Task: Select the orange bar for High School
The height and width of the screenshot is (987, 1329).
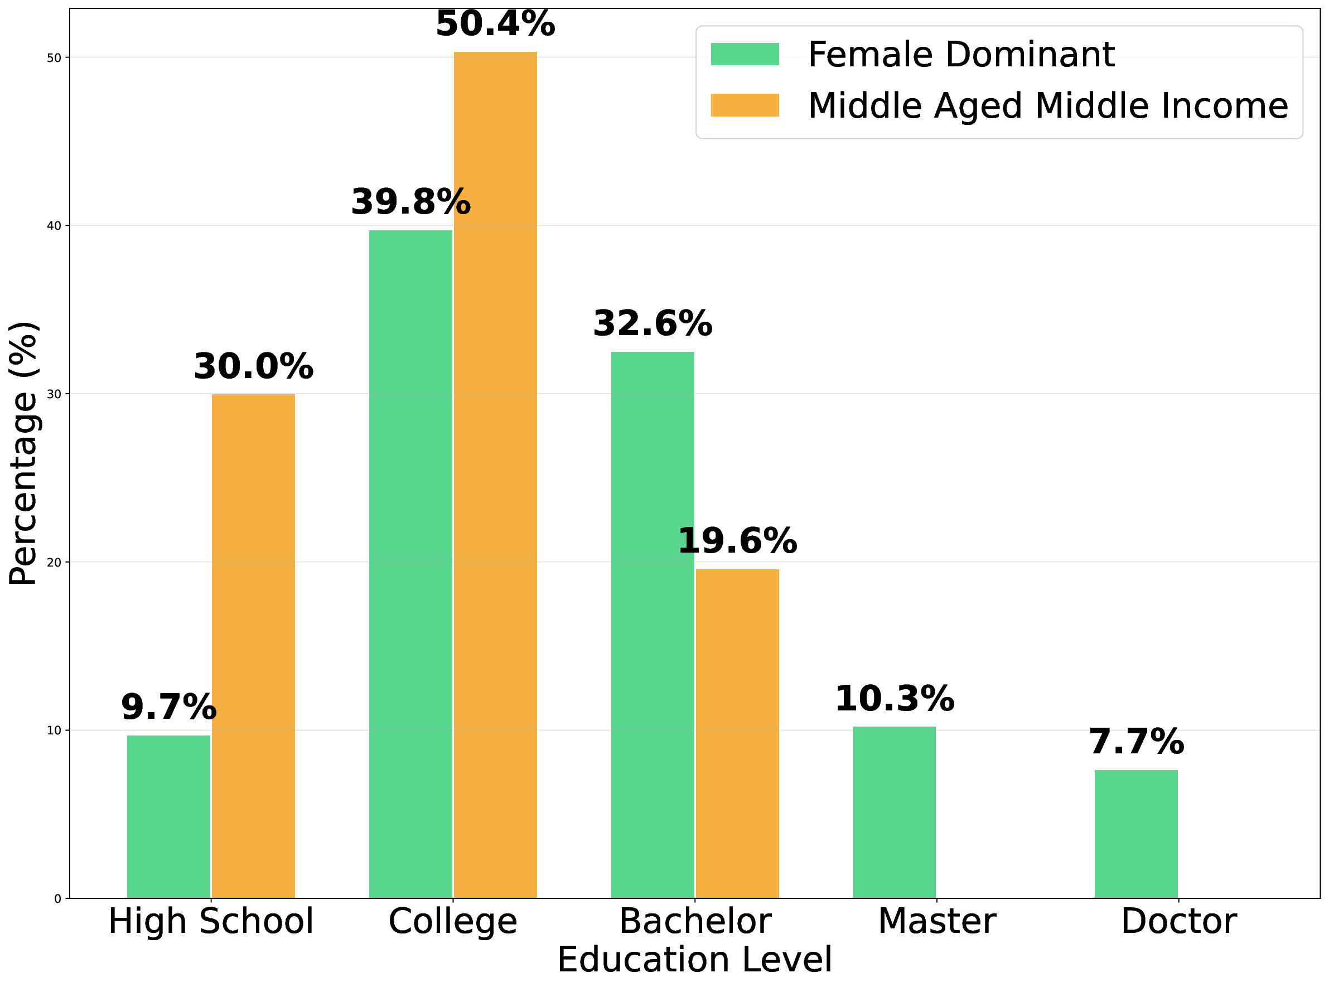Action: point(253,646)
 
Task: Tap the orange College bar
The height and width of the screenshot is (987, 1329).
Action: point(495,475)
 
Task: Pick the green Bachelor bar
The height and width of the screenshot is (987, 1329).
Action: point(653,625)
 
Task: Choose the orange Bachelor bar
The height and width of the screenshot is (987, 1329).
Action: point(737,734)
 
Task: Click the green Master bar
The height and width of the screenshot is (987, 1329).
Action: point(895,812)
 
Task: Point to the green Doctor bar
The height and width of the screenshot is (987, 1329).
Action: point(1136,834)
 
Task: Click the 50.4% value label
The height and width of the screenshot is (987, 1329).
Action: point(495,24)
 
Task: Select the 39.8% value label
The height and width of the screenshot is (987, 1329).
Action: point(410,202)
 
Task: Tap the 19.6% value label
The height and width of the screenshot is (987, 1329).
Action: point(737,541)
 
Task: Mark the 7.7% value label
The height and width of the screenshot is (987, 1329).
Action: point(1136,742)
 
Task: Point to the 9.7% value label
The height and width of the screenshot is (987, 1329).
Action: point(168,708)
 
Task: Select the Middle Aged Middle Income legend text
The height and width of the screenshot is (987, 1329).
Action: point(1047,106)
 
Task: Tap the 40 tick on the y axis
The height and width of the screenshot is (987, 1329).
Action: point(55,226)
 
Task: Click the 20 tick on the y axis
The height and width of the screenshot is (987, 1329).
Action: point(55,563)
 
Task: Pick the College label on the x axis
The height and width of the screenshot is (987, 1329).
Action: point(453,922)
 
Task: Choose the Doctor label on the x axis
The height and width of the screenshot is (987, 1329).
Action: point(1178,922)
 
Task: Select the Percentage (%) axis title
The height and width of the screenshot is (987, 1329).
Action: point(24,453)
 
